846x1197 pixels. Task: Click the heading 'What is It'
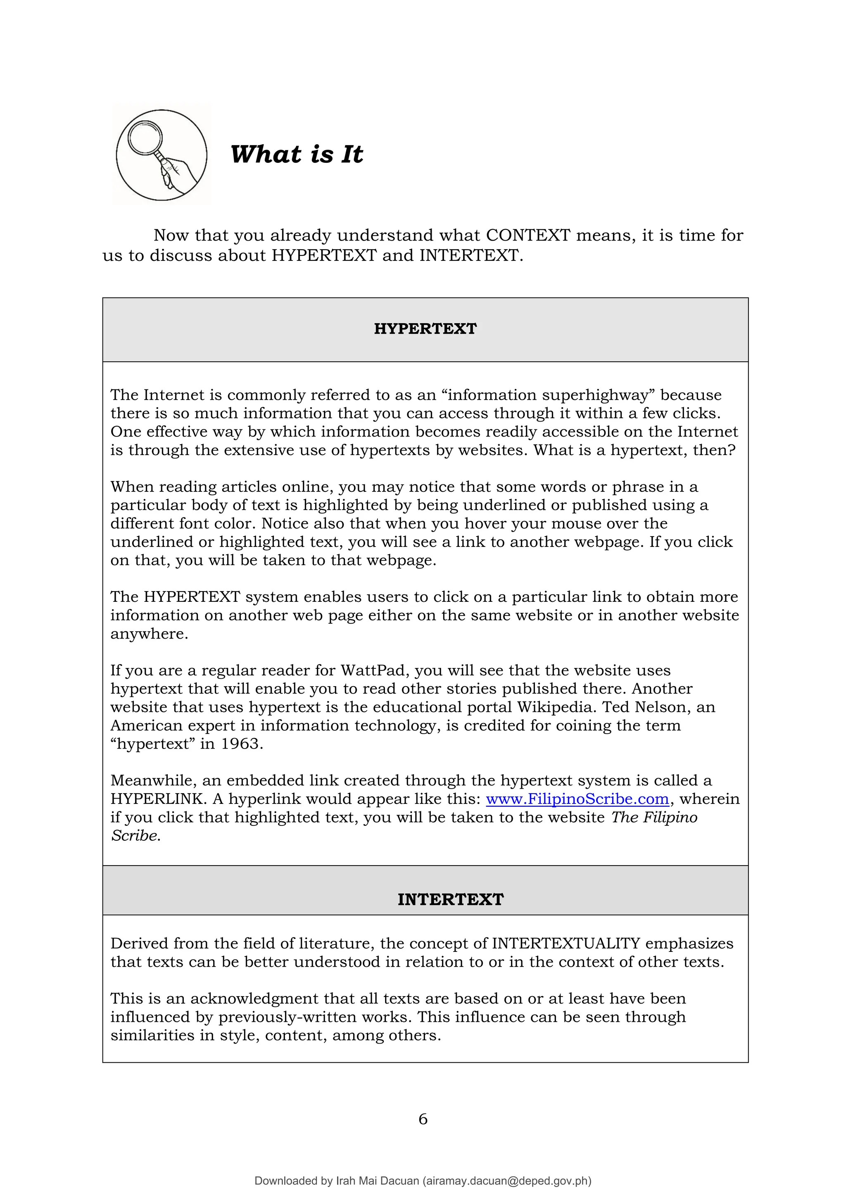pyautogui.click(x=297, y=154)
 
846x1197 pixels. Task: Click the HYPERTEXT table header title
pyautogui.click(x=425, y=329)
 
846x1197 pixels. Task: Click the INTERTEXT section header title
pyautogui.click(x=451, y=899)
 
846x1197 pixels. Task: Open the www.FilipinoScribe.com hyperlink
pyautogui.click(x=577, y=799)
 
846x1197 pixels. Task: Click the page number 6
pyautogui.click(x=423, y=1119)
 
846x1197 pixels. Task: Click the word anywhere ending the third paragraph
pyautogui.click(x=149, y=634)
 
